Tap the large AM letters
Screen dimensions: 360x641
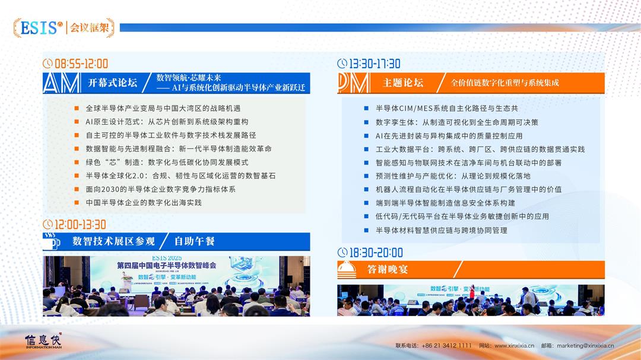(x=62, y=83)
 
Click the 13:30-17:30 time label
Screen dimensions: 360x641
(x=374, y=63)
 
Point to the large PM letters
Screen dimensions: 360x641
(x=354, y=83)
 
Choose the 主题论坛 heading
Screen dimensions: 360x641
(x=403, y=83)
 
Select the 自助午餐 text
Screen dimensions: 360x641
(x=194, y=241)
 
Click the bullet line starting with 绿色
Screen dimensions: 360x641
(x=167, y=162)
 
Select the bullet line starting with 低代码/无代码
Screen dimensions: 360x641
(x=462, y=216)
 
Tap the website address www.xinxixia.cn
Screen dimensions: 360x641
(x=514, y=346)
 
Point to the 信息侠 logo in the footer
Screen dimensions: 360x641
(x=43, y=341)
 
